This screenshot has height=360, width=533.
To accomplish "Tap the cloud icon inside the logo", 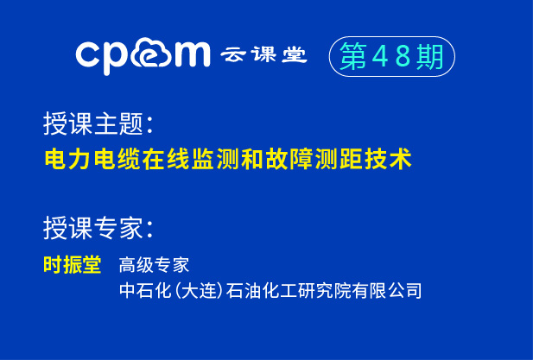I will tap(158, 54).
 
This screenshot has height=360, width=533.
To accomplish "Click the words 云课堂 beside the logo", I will tap(263, 54).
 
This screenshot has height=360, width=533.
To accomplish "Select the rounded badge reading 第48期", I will tap(391, 56).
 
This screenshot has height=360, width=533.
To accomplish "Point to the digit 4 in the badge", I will tap(380, 56).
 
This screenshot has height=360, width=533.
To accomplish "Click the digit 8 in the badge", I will tap(404, 56).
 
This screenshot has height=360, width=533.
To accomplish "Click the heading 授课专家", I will tap(97, 228).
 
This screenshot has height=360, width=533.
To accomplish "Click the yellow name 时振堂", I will tap(73, 265).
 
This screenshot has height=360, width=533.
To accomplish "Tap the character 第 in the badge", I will tap(352, 56).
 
